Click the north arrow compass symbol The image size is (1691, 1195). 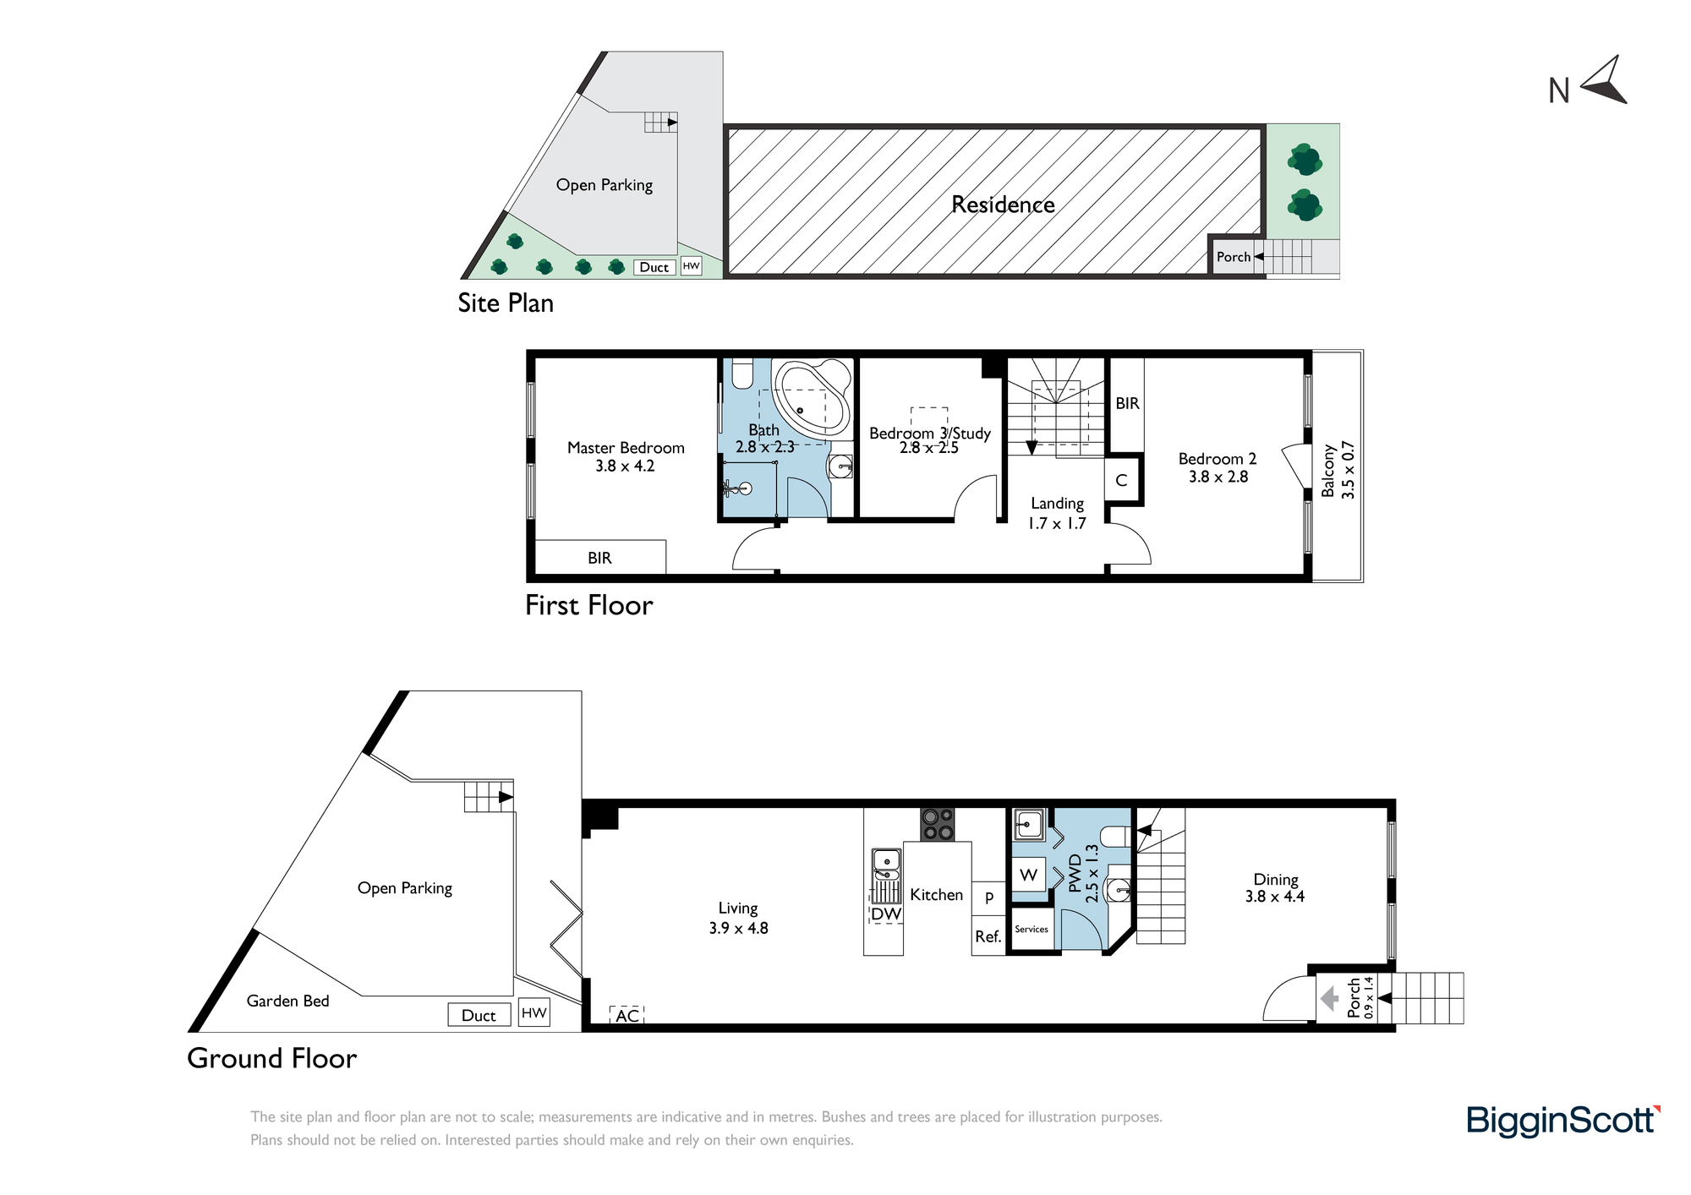1605,82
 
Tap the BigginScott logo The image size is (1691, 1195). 1563,1121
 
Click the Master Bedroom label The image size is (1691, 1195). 626,448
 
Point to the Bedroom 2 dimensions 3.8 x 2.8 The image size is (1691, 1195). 1218,477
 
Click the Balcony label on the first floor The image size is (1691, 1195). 1327,471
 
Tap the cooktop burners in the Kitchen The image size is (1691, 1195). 937,824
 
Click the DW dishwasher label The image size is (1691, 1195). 886,914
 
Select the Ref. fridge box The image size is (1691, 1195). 988,936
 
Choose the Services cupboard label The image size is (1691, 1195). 1032,929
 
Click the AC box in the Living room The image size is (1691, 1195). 627,1015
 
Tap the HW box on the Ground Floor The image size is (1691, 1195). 534,1012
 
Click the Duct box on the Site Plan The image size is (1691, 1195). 654,267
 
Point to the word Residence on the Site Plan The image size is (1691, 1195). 1003,205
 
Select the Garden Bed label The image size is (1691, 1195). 287,1001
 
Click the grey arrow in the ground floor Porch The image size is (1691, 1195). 1330,999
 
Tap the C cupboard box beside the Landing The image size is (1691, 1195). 1122,480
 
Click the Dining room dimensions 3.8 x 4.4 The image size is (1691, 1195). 1274,897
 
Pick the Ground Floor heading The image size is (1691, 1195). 271,1058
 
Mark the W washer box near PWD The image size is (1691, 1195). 1029,875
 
